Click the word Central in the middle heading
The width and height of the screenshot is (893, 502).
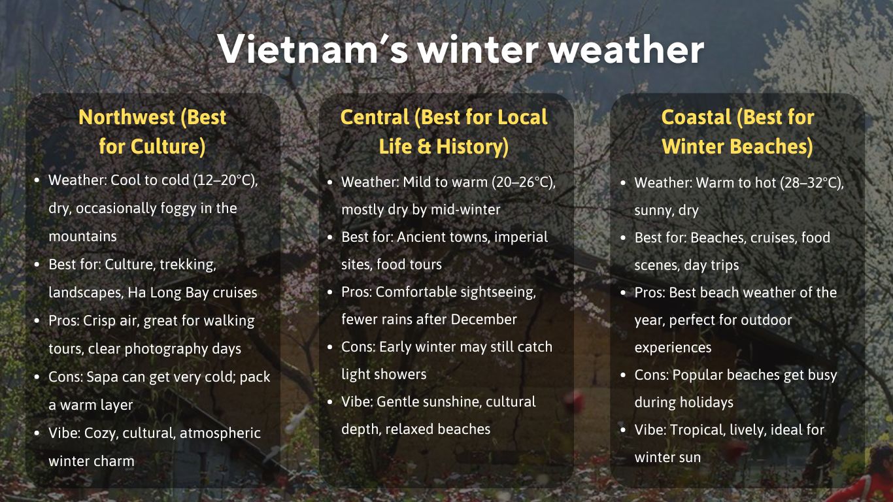375,118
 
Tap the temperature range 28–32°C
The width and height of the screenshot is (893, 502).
809,183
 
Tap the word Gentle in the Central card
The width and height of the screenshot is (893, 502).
398,402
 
